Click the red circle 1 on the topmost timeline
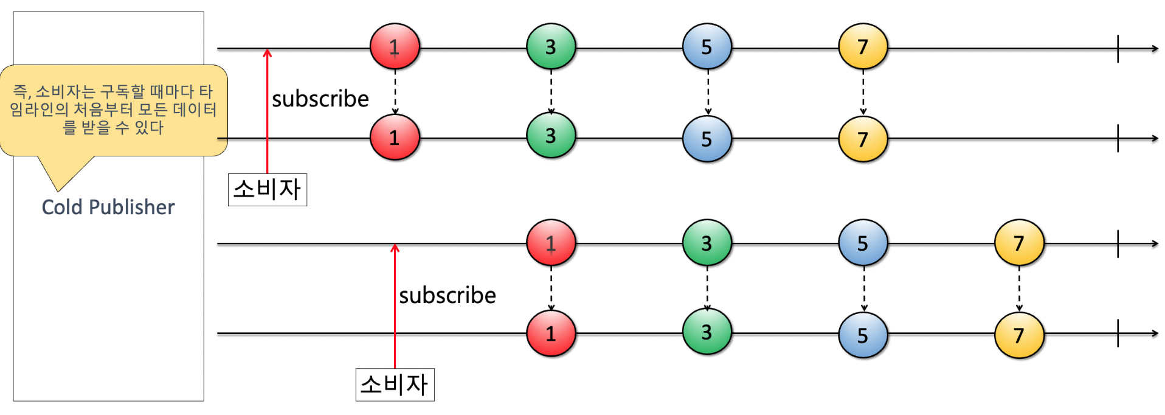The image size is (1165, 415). pos(395,47)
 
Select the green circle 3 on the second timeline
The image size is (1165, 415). pos(551,136)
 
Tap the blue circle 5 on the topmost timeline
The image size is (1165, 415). pos(707,47)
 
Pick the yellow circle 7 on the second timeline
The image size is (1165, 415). pos(863,139)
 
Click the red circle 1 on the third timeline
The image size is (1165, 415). pos(551,243)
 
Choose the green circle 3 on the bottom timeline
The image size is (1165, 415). pos(707,332)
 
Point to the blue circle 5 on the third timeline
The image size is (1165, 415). pos(863,243)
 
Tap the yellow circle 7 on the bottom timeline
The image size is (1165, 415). pos(1019,335)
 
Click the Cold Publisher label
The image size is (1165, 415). pos(108,207)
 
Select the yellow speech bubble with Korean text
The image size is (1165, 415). pos(113,110)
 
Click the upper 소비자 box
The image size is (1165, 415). pos(267,189)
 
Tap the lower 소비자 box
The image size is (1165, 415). pos(395,385)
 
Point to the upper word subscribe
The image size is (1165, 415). pos(320,99)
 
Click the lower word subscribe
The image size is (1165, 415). pos(447,296)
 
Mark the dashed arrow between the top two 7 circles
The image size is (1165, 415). pos(863,91)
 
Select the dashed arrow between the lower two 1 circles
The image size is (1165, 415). pos(551,288)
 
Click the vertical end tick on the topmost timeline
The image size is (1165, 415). pos(1118,48)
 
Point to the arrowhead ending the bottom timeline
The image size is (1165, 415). pos(1155,333)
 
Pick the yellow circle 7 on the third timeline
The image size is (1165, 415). pos(1019,243)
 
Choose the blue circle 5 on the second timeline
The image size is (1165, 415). pos(707,139)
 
